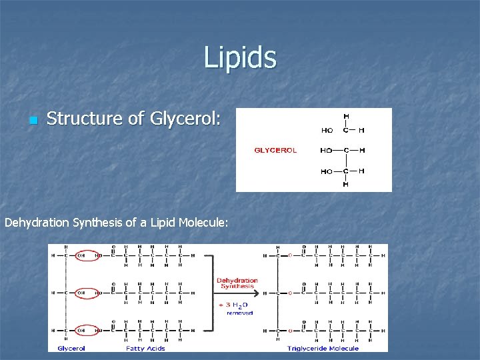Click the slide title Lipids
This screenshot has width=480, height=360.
pos(240,57)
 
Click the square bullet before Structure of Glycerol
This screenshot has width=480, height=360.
pos(31,121)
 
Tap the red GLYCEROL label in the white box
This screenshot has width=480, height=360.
pos(275,150)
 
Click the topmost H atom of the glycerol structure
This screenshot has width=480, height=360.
pos(345,117)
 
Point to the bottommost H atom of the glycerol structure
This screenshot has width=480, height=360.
pos(345,184)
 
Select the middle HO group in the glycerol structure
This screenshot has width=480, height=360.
pos(327,151)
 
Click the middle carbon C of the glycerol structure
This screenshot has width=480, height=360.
pos(345,151)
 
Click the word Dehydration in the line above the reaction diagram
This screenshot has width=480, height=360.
pos(37,223)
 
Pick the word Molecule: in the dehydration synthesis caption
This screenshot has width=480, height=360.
pos(204,223)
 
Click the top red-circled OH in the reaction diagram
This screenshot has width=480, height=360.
pos(81,255)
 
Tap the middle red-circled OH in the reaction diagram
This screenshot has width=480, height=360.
pos(81,293)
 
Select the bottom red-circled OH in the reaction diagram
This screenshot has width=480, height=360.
pos(81,330)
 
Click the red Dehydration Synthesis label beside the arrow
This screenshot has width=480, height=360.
pos(237,283)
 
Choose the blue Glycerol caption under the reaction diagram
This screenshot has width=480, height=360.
pos(71,348)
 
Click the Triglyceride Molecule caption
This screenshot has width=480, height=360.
pos(323,348)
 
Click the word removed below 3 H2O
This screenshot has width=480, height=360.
pos(239,313)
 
